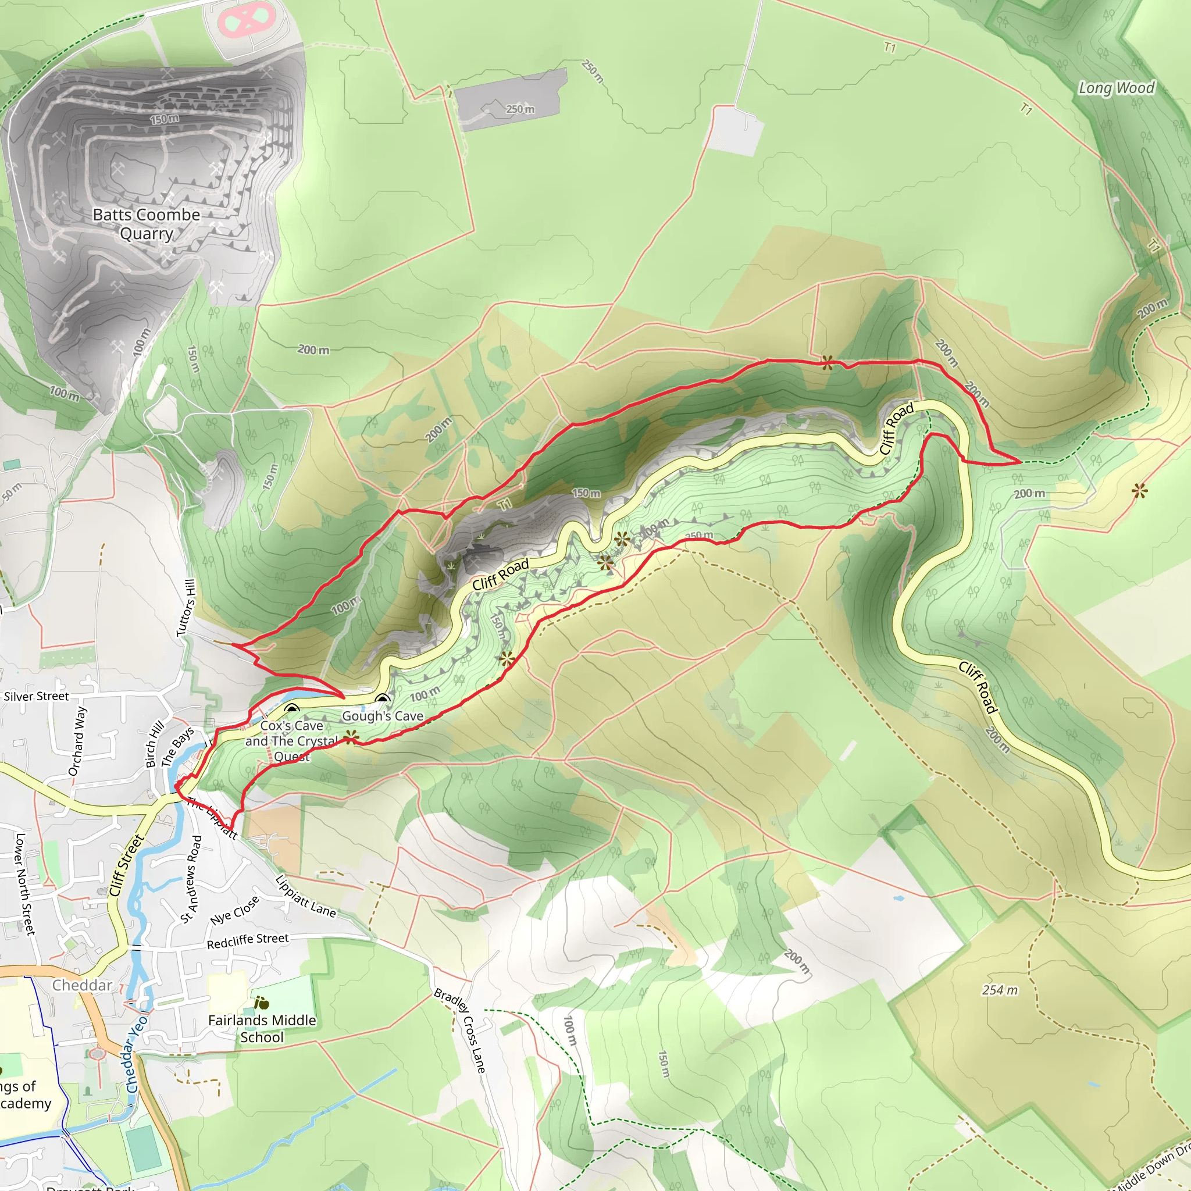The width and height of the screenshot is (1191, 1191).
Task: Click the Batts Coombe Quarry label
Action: [x=147, y=224]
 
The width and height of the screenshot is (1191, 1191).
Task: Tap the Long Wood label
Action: [x=1116, y=88]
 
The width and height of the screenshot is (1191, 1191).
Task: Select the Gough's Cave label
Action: [x=382, y=716]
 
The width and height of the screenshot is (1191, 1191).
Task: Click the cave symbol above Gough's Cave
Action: [x=383, y=700]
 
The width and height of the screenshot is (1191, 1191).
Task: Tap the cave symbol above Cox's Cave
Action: [x=291, y=709]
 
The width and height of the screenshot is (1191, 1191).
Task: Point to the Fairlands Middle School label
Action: [x=262, y=1028]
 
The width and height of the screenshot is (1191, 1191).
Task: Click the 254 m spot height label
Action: [x=999, y=990]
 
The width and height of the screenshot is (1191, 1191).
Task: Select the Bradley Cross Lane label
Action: [x=461, y=1030]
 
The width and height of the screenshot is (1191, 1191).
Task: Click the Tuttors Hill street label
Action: [x=186, y=607]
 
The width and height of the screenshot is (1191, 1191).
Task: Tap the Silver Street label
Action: [x=37, y=697]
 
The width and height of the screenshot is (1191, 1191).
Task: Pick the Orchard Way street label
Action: [x=78, y=741]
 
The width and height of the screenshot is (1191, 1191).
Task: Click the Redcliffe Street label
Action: [x=247, y=941]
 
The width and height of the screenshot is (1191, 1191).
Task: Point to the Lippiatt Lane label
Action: [x=306, y=896]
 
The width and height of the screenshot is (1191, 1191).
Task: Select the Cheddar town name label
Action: [x=82, y=985]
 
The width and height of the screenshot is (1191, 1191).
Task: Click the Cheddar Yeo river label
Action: [x=136, y=1054]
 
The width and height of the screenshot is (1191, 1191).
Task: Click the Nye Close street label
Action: [x=234, y=910]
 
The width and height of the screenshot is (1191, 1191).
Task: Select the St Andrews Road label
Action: [x=192, y=879]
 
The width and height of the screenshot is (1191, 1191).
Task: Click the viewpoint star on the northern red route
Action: [x=827, y=362]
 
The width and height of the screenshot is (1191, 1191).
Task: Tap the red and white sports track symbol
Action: [x=247, y=20]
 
